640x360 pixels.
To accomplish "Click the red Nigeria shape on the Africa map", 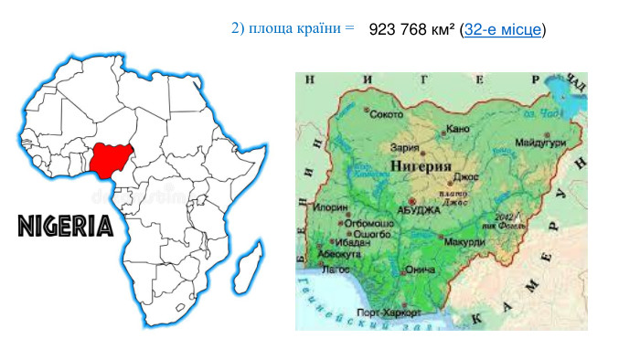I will click(x=111, y=161).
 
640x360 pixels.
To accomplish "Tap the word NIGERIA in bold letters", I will click(x=65, y=226).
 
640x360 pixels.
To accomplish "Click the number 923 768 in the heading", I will click(x=399, y=30).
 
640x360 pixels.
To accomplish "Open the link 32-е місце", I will click(x=503, y=30).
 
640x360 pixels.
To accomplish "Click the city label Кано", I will click(x=459, y=128).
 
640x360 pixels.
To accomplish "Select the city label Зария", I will click(x=404, y=146).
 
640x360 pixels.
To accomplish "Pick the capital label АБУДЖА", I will click(x=419, y=209).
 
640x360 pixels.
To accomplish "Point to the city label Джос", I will click(x=465, y=176).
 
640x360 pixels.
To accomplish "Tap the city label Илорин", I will click(x=330, y=208).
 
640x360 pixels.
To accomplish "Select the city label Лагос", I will click(x=336, y=270).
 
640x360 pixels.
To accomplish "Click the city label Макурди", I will click(x=465, y=242).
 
